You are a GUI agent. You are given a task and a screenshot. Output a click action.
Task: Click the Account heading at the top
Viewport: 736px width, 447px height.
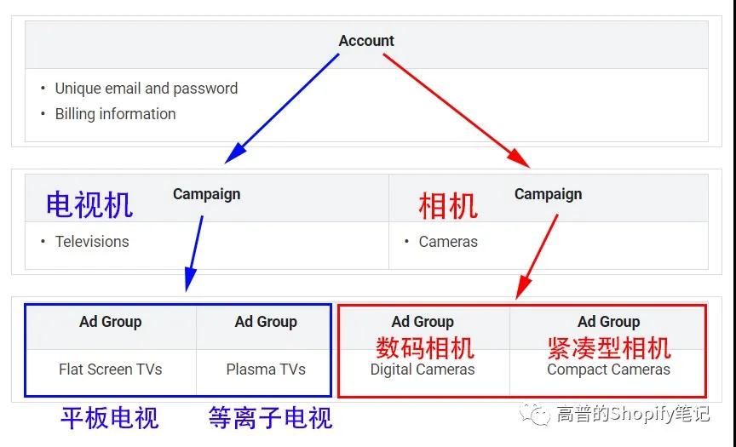(x=366, y=41)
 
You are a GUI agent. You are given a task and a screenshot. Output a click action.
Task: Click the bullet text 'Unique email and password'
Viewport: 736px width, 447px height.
(x=147, y=89)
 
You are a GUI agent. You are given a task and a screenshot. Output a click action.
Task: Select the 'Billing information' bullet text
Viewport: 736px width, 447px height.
(x=116, y=114)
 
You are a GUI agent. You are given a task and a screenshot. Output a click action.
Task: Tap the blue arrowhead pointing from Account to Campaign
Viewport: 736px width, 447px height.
(x=236, y=152)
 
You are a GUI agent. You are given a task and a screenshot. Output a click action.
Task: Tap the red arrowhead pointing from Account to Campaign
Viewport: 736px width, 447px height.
(x=519, y=158)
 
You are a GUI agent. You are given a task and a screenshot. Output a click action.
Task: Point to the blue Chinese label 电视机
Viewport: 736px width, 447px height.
(x=89, y=205)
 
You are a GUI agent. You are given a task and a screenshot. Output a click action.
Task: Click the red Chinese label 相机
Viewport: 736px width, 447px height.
(x=448, y=206)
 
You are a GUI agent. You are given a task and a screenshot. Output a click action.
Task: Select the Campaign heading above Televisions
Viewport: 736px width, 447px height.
(x=206, y=194)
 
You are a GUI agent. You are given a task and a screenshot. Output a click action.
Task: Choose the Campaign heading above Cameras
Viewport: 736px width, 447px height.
(x=549, y=194)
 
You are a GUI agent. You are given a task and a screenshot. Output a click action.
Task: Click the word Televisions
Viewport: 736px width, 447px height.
(x=92, y=242)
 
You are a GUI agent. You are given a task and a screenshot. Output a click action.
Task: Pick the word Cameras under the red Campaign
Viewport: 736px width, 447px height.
(x=448, y=242)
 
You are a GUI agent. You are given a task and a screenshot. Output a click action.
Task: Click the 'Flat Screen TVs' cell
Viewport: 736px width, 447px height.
(x=110, y=370)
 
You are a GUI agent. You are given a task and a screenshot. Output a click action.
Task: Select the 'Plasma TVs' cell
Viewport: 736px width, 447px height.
(x=266, y=370)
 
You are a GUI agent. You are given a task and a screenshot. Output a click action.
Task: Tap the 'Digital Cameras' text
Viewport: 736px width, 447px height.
(x=423, y=370)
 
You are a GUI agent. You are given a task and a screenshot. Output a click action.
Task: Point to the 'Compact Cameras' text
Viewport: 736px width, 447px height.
(x=608, y=370)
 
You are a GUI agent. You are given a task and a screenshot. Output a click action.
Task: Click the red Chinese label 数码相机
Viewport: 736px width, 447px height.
(x=425, y=347)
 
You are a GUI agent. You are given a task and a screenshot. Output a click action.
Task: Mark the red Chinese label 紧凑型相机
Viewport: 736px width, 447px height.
(x=609, y=347)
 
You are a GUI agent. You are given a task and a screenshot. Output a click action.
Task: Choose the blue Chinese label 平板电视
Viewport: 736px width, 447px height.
(x=110, y=418)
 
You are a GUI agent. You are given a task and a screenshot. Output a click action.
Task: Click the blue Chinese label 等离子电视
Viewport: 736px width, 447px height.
(x=270, y=418)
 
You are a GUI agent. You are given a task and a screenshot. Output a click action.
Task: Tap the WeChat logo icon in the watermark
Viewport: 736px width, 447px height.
(x=535, y=414)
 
